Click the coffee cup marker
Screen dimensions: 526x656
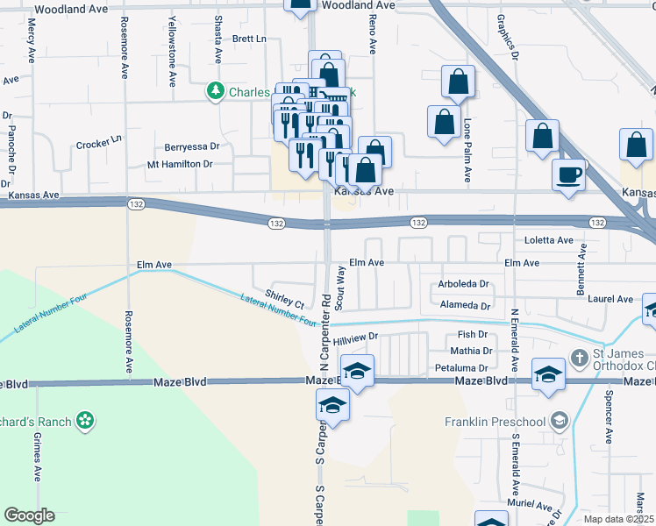569,174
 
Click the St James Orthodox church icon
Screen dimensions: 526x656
579,358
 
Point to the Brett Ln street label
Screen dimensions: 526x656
249,39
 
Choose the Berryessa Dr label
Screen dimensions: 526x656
191,147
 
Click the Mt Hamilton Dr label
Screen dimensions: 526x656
180,164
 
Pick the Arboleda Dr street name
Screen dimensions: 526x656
463,284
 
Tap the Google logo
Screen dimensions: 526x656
29,515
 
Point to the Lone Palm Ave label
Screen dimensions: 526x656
467,150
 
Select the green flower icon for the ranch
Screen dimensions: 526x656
84,422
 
